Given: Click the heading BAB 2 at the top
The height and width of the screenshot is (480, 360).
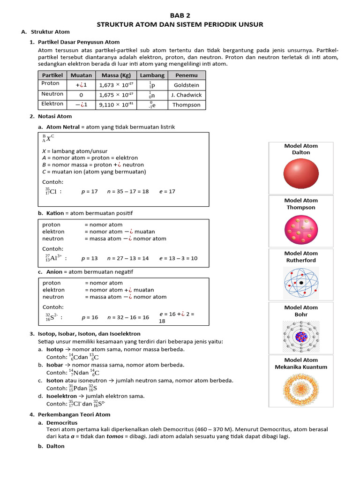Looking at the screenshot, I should click(180, 15).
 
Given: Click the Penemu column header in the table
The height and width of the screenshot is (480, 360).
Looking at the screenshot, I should click(187, 75).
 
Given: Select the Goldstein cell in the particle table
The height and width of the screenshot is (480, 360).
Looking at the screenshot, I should click(187, 85).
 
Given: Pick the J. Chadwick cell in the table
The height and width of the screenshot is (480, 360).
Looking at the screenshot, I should click(187, 95).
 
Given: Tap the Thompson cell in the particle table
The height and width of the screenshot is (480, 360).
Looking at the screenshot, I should click(187, 105).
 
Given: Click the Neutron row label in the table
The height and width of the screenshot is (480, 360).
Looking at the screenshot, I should click(51, 94).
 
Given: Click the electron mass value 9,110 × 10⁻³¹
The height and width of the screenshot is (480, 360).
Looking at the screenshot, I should click(116, 105).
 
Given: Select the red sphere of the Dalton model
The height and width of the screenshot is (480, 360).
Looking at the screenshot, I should click(300, 174).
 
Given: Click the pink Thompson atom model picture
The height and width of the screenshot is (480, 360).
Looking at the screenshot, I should click(300, 229).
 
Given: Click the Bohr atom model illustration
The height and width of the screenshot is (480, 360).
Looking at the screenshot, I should click(300, 336).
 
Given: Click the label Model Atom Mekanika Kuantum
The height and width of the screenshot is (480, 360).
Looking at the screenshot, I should click(300, 364).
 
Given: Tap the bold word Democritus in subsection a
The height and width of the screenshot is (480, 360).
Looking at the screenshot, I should click(62, 422).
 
